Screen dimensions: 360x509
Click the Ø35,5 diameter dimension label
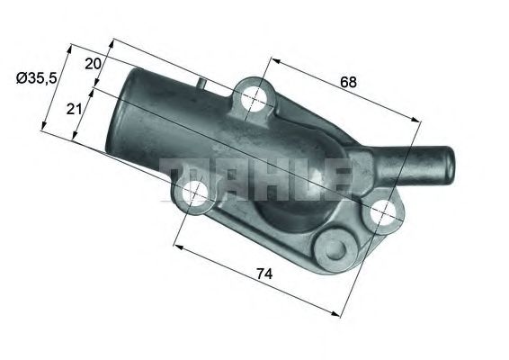point(38,78)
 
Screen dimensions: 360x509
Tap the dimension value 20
point(93,63)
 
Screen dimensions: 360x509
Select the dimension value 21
point(74,108)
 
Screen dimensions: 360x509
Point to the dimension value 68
point(349,82)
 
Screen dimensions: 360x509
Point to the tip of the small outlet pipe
point(447,162)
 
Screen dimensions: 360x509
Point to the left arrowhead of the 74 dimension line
point(175,246)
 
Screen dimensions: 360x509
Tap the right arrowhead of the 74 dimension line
point(338,313)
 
